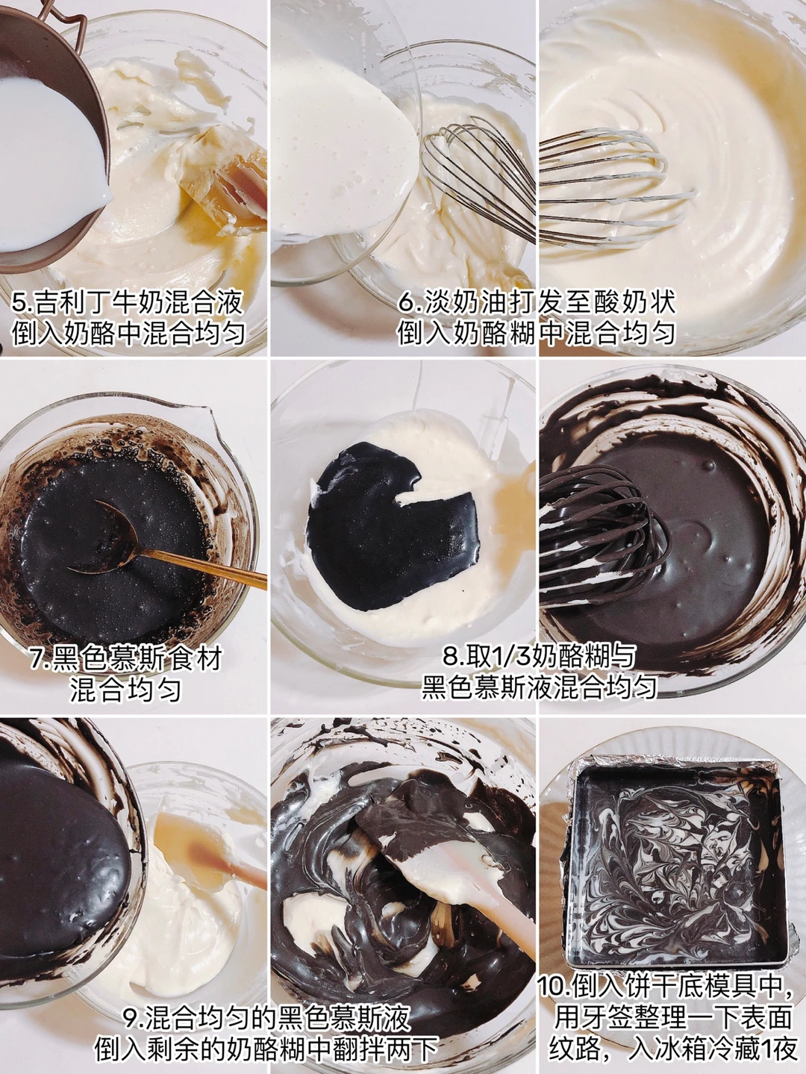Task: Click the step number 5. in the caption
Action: pyautogui.click(x=21, y=303)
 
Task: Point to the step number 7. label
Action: pyautogui.click(x=41, y=658)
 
